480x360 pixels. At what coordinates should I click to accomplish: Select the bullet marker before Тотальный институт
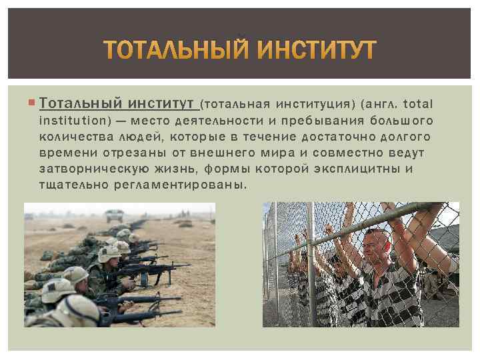click(32, 103)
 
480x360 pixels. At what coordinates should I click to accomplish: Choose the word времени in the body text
click(67, 153)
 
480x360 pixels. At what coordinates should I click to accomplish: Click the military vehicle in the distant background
click(114, 215)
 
